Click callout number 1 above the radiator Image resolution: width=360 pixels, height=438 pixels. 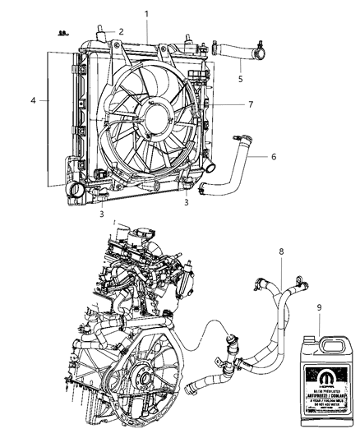(146, 15)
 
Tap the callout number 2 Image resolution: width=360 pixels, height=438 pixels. (121, 31)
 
